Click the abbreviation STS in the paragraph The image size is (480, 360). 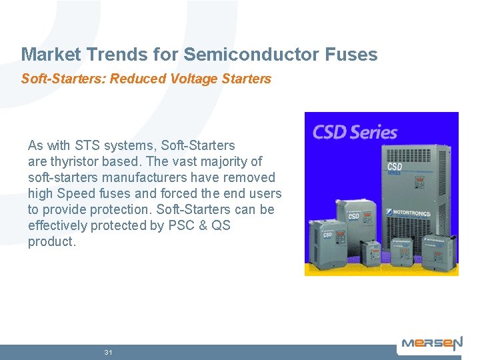[x=89, y=145]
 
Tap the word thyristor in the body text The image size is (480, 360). [x=75, y=161]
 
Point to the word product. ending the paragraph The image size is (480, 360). [x=52, y=241]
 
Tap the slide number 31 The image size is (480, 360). [x=109, y=352]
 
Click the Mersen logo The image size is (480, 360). [x=431, y=345]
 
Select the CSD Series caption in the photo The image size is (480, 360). [x=355, y=131]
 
